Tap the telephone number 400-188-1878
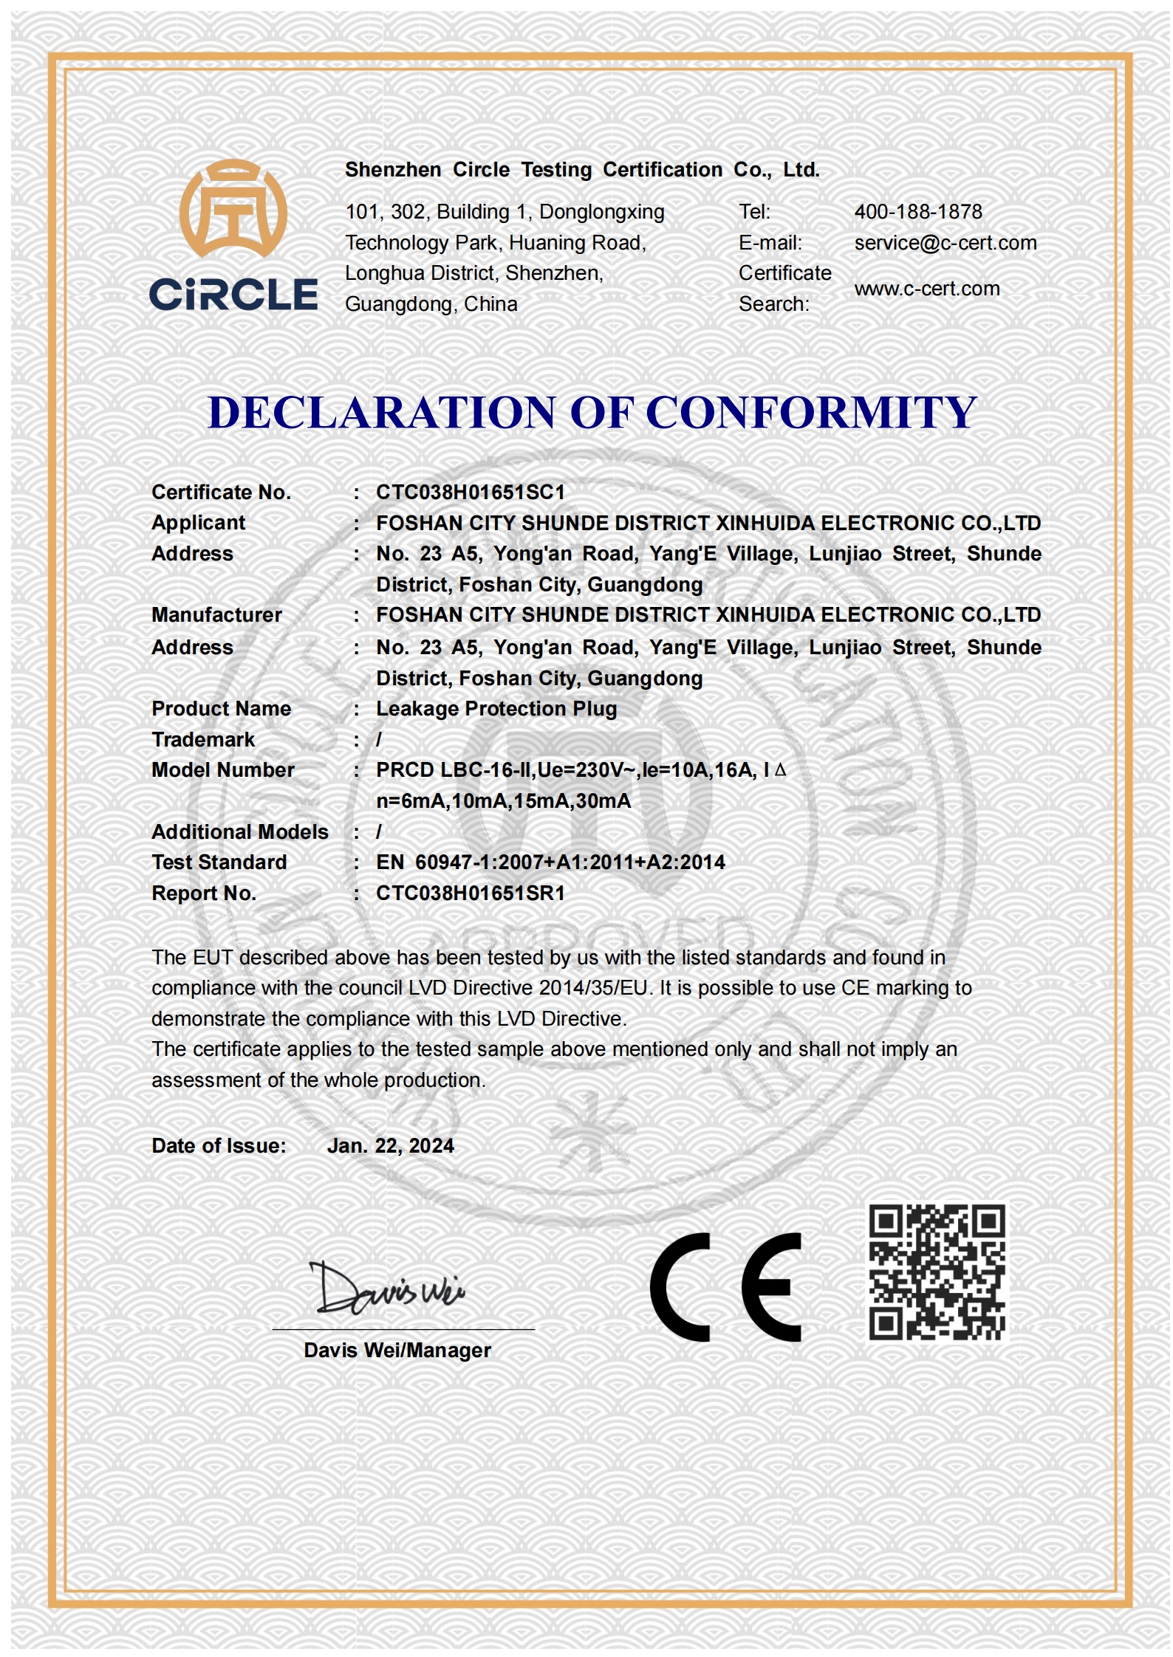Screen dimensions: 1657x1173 coord(917,212)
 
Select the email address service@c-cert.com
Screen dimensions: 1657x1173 coord(945,243)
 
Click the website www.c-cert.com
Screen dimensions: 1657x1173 coord(926,289)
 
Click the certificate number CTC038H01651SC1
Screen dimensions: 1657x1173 coord(470,493)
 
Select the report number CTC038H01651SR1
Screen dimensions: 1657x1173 coord(470,893)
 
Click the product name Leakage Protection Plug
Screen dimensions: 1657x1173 coord(496,709)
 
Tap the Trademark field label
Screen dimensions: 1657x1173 coord(202,740)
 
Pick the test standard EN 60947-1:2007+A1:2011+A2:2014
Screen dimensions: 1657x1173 coord(550,862)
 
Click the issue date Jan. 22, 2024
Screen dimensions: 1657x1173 coord(390,1146)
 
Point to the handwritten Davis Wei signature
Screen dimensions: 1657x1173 coord(388,1289)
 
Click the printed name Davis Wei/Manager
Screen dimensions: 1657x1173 coord(397,1351)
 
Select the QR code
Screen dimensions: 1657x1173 coord(937,1272)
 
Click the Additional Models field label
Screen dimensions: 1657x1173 coord(239,832)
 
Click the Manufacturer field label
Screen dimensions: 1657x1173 coord(216,615)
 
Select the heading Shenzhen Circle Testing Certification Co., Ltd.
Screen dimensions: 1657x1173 coord(582,170)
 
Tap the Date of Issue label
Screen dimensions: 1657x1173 coord(219,1146)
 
